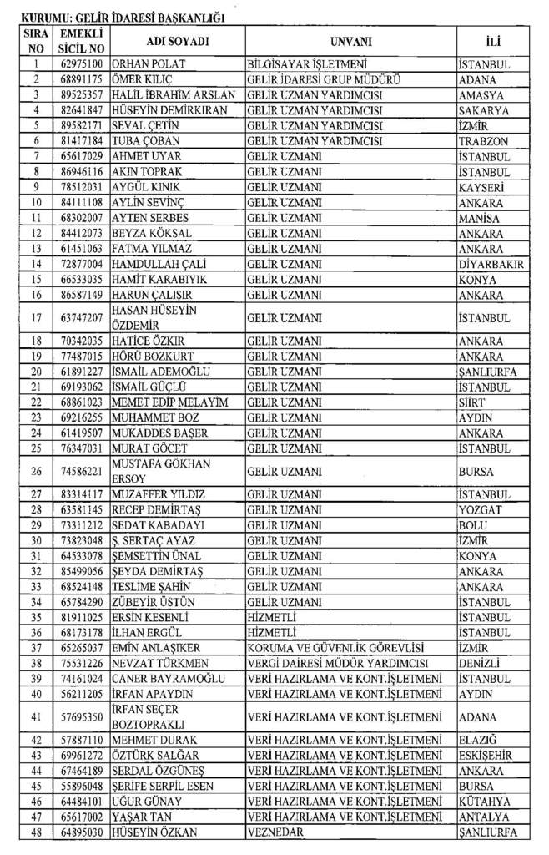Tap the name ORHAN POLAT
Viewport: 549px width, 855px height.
pyautogui.click(x=149, y=64)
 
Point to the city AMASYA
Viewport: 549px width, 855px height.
pyautogui.click(x=481, y=95)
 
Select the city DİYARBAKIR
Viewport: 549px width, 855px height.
pyautogui.click(x=492, y=264)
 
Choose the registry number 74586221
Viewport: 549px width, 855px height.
pyautogui.click(x=82, y=471)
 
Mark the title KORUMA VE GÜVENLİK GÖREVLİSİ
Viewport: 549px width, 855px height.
pyautogui.click(x=335, y=648)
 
